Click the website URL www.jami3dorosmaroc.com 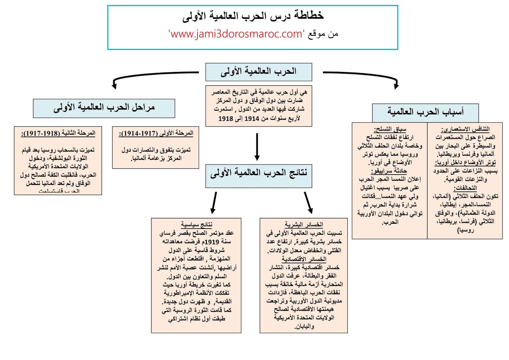point(236,34)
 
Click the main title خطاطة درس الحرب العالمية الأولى point(253,15)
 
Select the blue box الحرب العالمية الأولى point(258,72)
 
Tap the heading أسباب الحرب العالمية point(425,112)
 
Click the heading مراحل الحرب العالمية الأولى point(104,108)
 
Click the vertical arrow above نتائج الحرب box point(257,146)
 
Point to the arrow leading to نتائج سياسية point(214,202)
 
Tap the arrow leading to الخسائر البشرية point(308,202)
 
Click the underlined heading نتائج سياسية point(196,225)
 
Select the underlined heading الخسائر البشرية point(303,225)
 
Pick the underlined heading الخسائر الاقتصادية point(304,259)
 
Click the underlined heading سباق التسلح point(390,129)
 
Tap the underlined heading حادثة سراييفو point(389,171)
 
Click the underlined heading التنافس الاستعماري point(465,129)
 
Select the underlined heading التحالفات point(465,188)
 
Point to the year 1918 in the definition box point(226,119)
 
